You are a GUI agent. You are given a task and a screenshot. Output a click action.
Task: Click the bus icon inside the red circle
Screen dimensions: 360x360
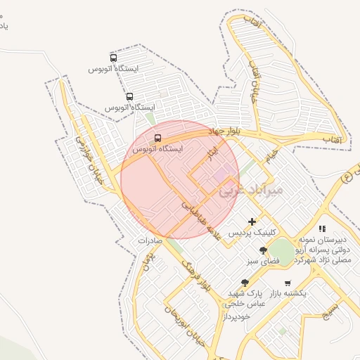point(157,138)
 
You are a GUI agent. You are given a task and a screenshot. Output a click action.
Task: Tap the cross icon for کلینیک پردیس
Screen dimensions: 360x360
point(252,221)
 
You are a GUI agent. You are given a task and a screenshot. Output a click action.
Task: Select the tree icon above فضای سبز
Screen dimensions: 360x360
point(263,250)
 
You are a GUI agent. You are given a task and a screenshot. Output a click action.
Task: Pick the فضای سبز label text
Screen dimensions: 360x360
point(263,261)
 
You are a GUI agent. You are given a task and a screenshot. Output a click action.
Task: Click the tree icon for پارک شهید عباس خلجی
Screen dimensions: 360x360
point(245,283)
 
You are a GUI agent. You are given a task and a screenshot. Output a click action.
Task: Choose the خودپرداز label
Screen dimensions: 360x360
point(237,316)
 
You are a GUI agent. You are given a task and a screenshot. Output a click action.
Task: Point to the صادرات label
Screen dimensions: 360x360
point(150,240)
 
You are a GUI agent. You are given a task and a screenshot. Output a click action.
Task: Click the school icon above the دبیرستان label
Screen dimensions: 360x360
point(322,229)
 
